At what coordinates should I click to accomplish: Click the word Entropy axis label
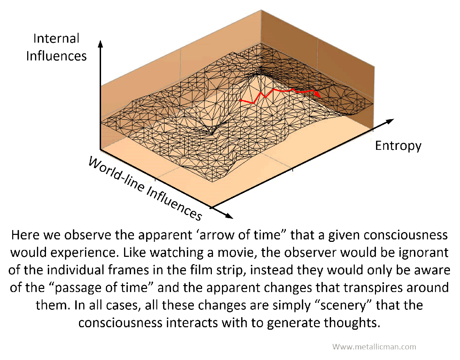398,146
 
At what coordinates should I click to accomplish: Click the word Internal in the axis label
56,38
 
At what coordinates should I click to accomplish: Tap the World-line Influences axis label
145,189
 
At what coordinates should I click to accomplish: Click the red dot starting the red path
241,100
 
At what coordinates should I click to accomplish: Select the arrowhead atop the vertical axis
100,44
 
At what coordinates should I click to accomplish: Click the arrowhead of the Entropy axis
390,121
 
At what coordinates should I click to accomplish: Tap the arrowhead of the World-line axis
229,216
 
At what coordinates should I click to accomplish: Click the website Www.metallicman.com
374,347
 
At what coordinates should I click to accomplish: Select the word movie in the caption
237,253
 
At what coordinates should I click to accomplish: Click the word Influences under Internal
56,56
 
